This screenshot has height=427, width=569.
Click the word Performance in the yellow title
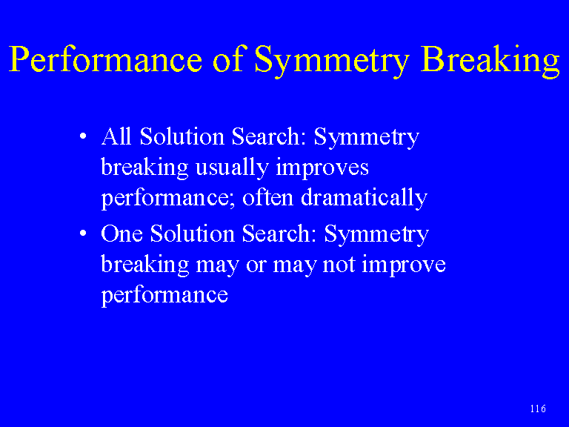[105, 60]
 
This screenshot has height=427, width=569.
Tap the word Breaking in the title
[490, 60]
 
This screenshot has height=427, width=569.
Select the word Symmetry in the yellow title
[332, 61]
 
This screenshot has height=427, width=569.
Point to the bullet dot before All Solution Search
[83, 136]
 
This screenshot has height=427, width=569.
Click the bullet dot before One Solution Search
[83, 233]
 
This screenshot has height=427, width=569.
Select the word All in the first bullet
[116, 136]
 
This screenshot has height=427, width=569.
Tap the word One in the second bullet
[122, 234]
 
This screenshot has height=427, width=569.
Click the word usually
[232, 168]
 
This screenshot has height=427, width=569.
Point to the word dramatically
[364, 199]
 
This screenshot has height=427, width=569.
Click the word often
[267, 197]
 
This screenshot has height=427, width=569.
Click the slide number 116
[538, 409]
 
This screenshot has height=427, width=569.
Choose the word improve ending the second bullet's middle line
[404, 265]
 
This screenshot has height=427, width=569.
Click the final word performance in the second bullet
[164, 296]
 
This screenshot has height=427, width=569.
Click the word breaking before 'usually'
[144, 168]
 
